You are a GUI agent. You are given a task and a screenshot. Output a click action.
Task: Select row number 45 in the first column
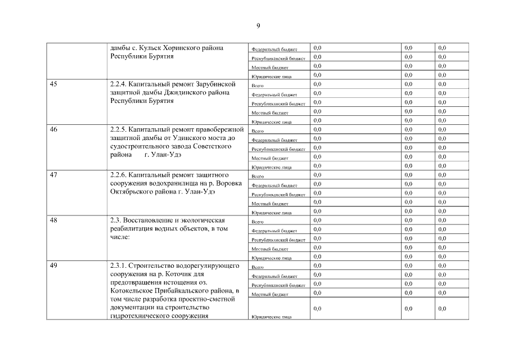coord(53,84)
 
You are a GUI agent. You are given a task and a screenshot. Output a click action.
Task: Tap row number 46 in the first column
coord(53,129)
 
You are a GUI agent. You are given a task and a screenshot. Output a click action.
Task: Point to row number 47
coord(53,175)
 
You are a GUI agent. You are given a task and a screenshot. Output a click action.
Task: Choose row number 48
coord(53,220)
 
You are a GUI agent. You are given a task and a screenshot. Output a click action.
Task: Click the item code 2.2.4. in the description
coord(119,84)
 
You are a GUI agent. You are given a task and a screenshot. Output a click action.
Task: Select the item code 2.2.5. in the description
coord(119,129)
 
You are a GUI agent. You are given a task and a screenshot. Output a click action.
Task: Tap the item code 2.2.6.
coord(119,175)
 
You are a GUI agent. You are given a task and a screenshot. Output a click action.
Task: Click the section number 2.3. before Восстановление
coord(116,220)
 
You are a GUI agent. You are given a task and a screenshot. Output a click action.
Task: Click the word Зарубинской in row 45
coord(215,84)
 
